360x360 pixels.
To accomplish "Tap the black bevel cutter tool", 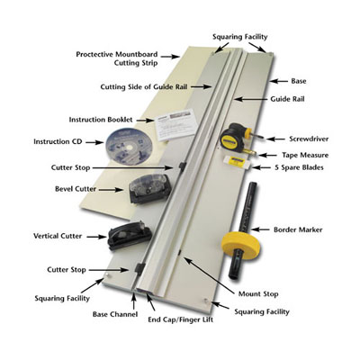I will [x=143, y=189].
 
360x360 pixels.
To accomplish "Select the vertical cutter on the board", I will [x=122, y=236].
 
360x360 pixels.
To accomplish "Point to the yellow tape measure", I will [x=235, y=139].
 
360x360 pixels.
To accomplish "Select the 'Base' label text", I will [x=297, y=80].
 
